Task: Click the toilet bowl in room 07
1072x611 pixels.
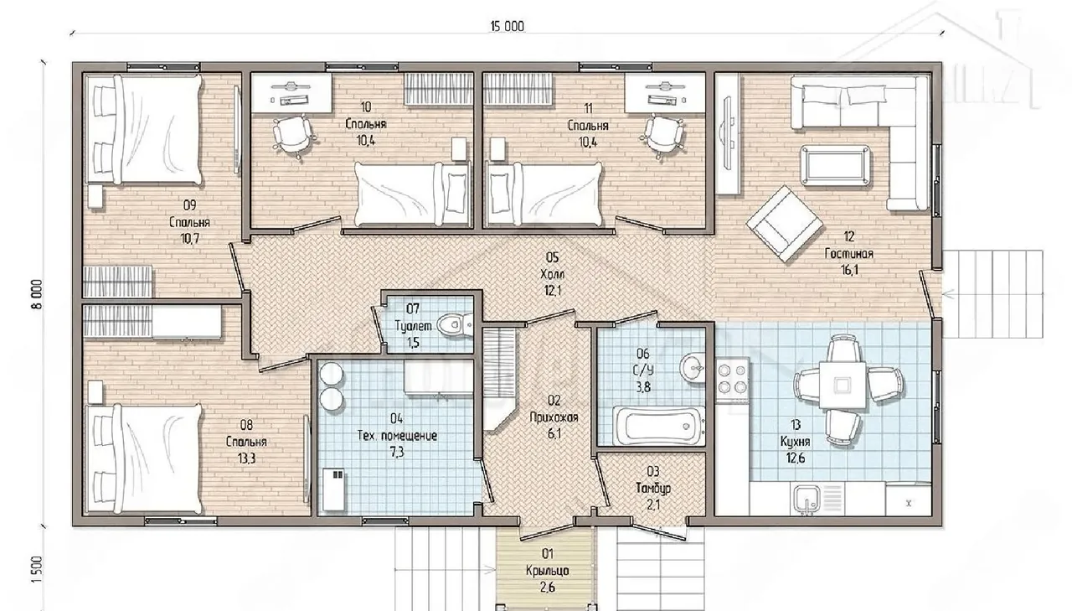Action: point(455,325)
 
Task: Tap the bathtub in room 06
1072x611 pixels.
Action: point(659,426)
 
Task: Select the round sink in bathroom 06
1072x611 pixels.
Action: point(692,368)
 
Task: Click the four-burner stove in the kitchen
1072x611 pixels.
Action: point(732,378)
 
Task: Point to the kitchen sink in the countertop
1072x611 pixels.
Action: point(807,500)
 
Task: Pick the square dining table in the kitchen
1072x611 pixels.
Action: point(843,385)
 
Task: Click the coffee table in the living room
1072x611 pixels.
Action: point(835,166)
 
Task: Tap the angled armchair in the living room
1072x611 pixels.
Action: point(785,224)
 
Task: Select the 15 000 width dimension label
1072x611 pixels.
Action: point(508,26)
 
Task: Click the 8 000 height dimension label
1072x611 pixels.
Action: point(38,294)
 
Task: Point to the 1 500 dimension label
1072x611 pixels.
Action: point(38,569)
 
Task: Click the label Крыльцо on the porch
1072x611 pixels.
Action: point(548,571)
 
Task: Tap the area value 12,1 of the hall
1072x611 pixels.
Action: point(553,290)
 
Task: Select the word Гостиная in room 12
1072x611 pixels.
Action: point(848,254)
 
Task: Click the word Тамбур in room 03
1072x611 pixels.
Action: point(653,489)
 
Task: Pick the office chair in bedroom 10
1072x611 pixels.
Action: point(293,135)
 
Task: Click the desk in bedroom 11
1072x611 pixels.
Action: point(665,92)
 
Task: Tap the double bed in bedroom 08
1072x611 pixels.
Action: point(143,459)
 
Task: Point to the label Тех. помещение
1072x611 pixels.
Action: point(397,436)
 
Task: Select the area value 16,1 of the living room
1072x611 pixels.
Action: point(849,270)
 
